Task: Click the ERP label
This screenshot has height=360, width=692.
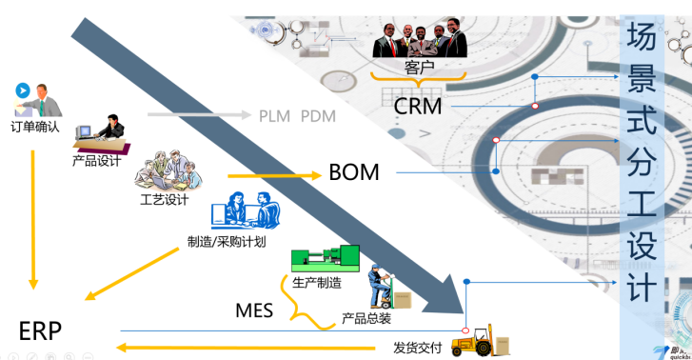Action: click(40, 330)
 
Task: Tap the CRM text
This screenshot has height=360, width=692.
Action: click(418, 106)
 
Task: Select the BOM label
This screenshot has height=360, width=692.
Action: click(354, 172)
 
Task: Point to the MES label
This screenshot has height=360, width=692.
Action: click(254, 310)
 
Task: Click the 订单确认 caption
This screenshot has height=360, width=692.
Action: click(36, 126)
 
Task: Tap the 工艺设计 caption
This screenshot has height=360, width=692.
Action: click(164, 199)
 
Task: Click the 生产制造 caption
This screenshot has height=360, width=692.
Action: click(317, 282)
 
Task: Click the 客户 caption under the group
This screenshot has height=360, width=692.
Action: click(419, 68)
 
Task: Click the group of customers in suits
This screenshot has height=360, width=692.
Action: click(421, 38)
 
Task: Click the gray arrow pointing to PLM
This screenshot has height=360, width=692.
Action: click(200, 115)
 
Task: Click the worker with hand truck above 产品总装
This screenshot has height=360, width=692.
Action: click(385, 286)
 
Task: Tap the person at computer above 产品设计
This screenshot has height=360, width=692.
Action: click(102, 133)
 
